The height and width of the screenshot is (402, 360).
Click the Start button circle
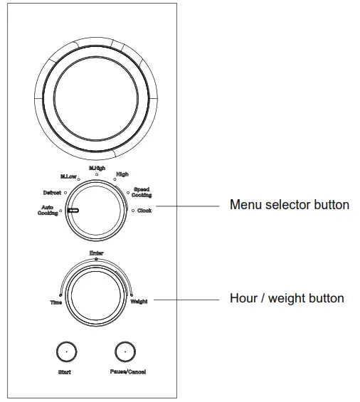65,351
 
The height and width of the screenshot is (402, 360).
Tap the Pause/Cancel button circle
125,351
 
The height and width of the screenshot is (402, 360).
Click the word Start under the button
65,372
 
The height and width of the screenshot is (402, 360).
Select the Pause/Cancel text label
129,372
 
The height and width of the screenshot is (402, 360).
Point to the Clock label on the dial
144,211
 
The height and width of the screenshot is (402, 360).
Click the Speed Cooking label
141,192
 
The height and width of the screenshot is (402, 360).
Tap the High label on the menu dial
122,174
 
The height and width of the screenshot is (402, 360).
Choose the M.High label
97,168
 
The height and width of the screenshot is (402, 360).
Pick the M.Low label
68,176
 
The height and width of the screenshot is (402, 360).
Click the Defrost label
52,192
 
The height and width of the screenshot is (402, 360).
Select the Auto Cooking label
48,211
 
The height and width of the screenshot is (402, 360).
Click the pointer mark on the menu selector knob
73,211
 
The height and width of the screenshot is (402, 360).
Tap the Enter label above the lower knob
96,253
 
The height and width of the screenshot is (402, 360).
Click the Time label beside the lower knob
55,302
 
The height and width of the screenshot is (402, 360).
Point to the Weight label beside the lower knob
139,302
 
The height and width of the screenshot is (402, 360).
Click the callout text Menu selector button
289,205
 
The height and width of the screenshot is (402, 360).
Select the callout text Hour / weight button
286,298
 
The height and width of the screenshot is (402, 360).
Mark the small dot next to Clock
132,211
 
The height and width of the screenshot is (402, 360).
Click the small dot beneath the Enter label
97,260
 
